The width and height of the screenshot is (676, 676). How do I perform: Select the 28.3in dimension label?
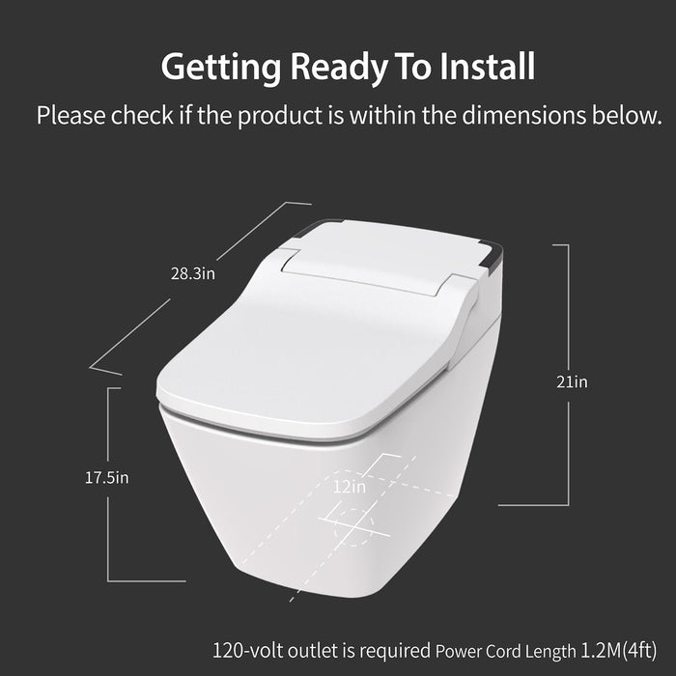193,273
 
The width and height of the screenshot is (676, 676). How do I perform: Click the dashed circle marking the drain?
352,527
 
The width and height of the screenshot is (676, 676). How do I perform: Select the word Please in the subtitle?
70,116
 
